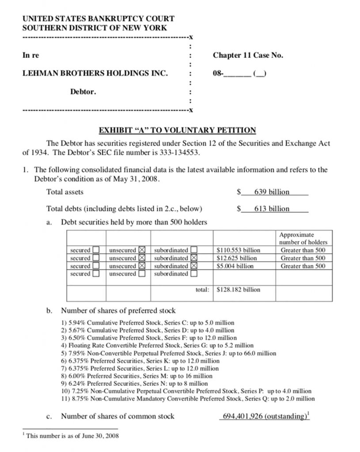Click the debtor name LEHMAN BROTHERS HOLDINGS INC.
point(95,73)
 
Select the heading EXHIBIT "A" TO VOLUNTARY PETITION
point(177,130)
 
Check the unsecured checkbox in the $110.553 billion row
point(142,250)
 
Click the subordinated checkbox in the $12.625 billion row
point(193,258)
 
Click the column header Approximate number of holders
point(303,238)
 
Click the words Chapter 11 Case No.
point(248,56)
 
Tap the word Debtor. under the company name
point(83,92)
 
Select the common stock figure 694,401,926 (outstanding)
point(264,416)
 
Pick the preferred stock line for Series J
point(168,353)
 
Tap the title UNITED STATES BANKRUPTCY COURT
point(98,19)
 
